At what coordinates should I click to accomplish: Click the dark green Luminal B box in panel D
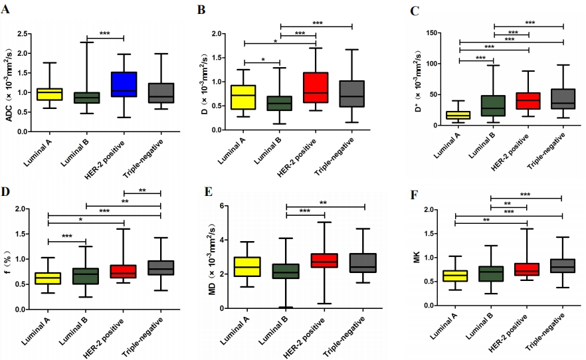point(86,276)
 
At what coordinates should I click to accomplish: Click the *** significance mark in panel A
point(104,34)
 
